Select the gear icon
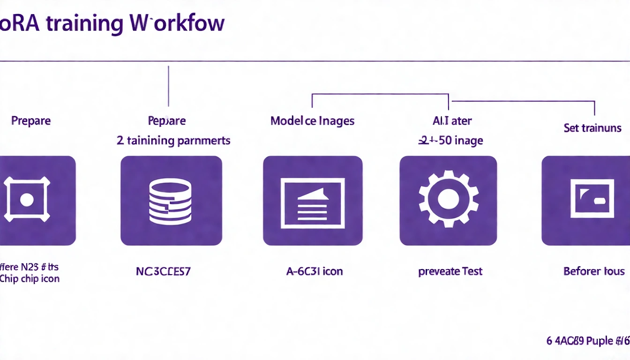tap(448, 199)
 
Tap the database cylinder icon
tap(170, 202)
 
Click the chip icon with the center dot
tap(27, 200)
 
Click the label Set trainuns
tap(592, 128)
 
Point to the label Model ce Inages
tap(312, 121)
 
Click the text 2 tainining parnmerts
tap(173, 140)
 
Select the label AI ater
tap(452, 121)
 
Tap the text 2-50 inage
tap(450, 140)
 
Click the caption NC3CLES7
tap(163, 271)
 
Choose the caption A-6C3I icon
tap(314, 271)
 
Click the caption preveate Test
tap(450, 271)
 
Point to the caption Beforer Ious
tap(593, 271)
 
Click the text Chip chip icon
tap(30, 279)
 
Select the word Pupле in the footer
tap(595, 341)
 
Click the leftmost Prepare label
tap(31, 121)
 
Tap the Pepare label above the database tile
tap(167, 121)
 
